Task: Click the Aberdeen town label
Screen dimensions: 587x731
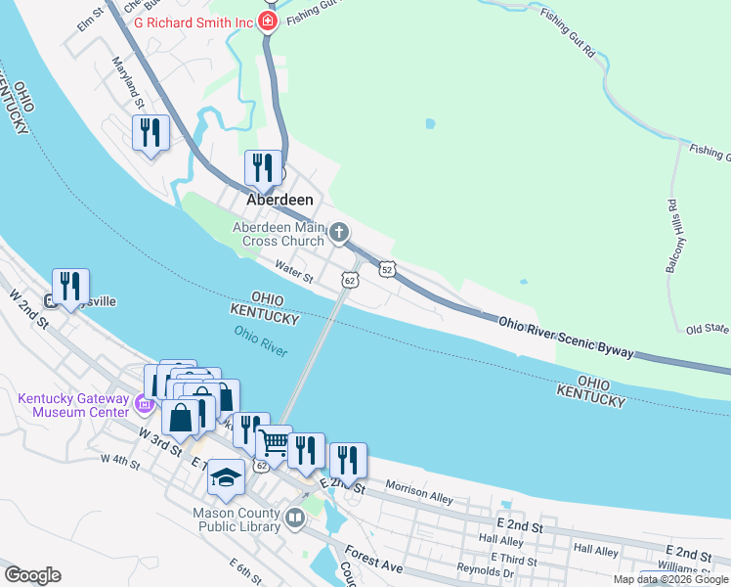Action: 279,200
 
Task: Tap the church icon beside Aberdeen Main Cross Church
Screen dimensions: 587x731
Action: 339,232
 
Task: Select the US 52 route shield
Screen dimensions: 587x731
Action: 387,269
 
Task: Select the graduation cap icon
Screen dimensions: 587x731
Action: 227,476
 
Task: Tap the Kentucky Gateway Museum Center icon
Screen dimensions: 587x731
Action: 143,402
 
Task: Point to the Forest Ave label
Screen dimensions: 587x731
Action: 373,558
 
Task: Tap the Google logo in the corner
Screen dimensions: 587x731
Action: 33,575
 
